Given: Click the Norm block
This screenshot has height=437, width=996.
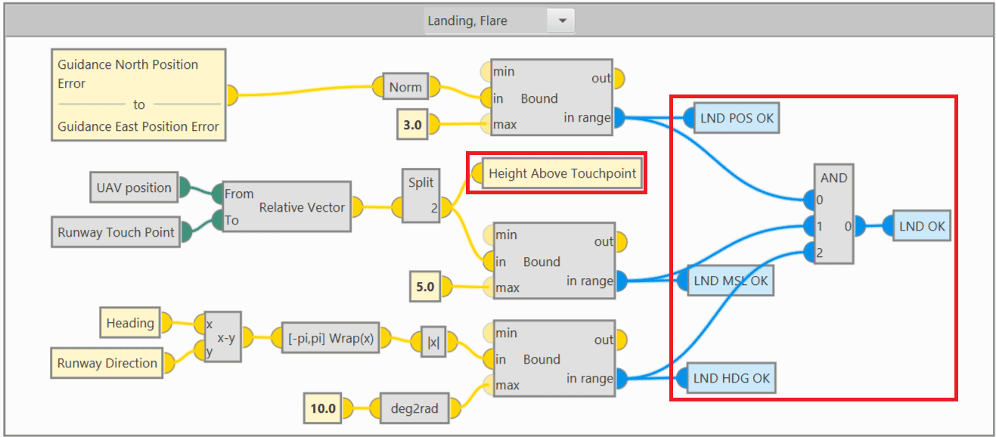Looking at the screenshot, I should tap(405, 87).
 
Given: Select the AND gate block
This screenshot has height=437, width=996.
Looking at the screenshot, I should tap(833, 214).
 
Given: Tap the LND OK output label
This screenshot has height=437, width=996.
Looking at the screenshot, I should tap(921, 226).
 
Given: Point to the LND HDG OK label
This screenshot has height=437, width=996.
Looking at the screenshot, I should tap(731, 378).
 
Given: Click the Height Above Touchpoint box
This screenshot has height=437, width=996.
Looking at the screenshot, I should tap(562, 174).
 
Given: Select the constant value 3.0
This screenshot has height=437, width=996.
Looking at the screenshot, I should tap(412, 124).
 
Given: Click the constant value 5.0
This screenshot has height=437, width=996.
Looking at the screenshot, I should tap(425, 287).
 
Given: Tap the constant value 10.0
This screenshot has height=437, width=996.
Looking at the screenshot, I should tap(322, 408).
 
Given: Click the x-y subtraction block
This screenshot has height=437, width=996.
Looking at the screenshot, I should tap(222, 338).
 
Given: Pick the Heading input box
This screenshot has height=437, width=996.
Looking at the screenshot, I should tap(130, 323).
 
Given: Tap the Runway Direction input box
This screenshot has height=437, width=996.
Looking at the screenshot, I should tap(107, 363).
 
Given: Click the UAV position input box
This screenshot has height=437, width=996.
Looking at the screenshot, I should tap(133, 188).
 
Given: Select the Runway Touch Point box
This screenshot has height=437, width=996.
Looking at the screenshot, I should tap(116, 233).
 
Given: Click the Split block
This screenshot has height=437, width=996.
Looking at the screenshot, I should tap(421, 194).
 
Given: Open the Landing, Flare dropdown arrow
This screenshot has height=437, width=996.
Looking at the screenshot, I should tap(562, 21).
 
